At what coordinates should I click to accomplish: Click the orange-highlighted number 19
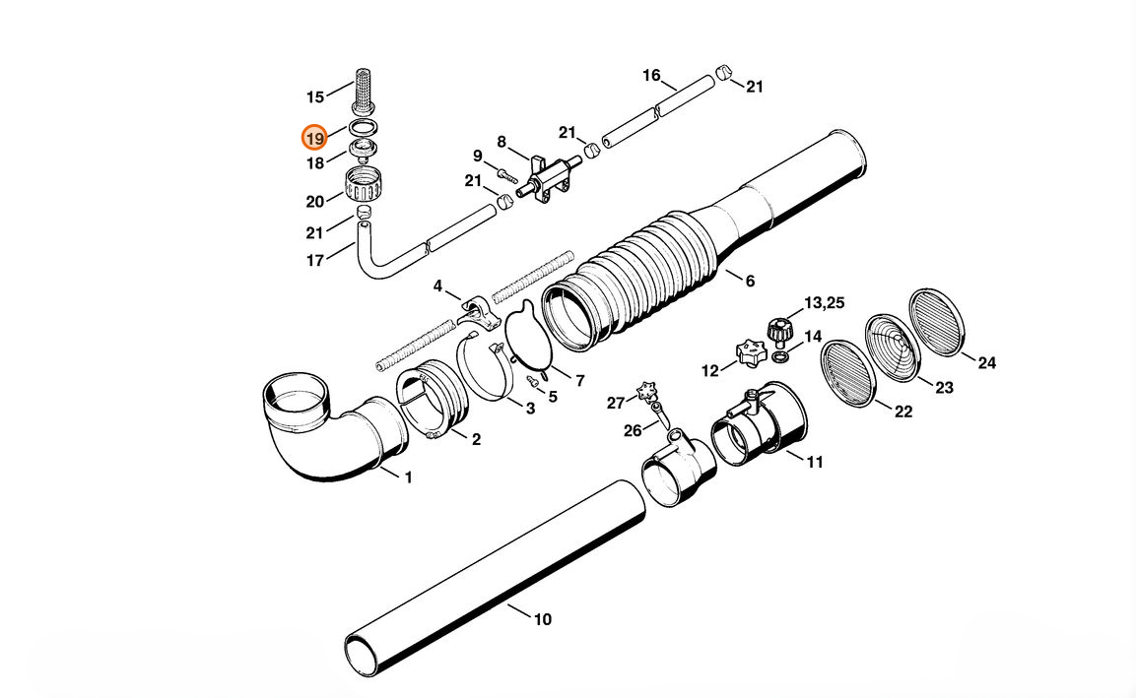(314, 138)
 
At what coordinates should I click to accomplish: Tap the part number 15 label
(315, 97)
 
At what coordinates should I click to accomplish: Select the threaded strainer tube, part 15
(363, 91)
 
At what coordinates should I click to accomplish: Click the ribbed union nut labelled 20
(364, 185)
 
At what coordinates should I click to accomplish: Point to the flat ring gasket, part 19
(365, 127)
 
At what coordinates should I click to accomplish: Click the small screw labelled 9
(507, 174)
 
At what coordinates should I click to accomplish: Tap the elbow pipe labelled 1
(330, 427)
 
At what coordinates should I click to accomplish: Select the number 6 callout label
(750, 281)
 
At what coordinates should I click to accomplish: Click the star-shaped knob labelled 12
(751, 354)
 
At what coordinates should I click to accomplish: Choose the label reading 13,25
(825, 302)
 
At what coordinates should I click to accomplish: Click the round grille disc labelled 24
(937, 322)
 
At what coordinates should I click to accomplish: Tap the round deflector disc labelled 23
(893, 347)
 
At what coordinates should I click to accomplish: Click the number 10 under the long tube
(543, 619)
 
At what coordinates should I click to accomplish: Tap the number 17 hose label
(315, 261)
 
